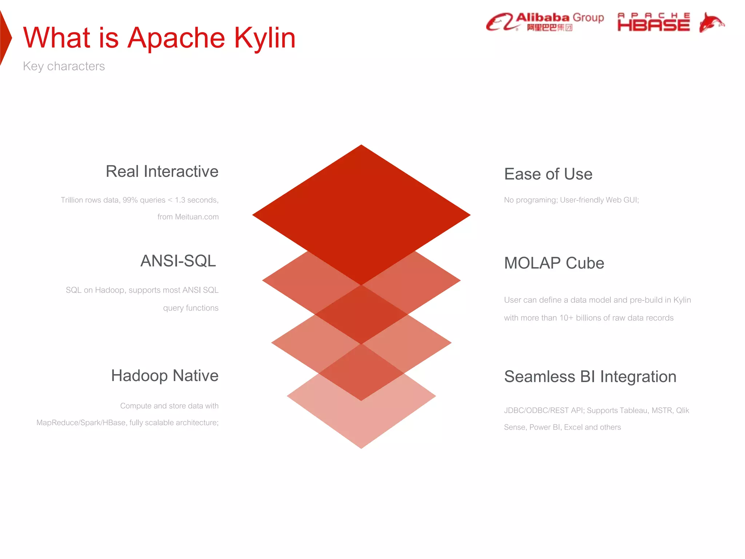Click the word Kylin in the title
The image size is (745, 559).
(x=264, y=38)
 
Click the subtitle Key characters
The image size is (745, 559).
(x=64, y=66)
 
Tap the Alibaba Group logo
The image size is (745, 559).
(x=545, y=22)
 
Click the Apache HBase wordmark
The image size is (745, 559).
(x=653, y=23)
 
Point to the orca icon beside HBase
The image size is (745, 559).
(x=711, y=23)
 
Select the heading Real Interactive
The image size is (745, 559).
(x=162, y=171)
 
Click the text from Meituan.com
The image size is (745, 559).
(x=188, y=217)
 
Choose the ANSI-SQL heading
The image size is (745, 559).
(x=178, y=261)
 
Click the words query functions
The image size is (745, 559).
(x=191, y=308)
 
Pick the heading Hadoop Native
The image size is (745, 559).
(x=164, y=376)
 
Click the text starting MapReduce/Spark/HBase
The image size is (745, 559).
(x=127, y=423)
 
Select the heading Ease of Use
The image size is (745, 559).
(x=548, y=174)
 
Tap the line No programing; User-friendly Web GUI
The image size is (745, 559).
(x=571, y=200)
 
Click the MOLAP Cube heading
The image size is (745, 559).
(x=554, y=263)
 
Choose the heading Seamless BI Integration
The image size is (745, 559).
(x=590, y=377)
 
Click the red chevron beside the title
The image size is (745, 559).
(x=5, y=38)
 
